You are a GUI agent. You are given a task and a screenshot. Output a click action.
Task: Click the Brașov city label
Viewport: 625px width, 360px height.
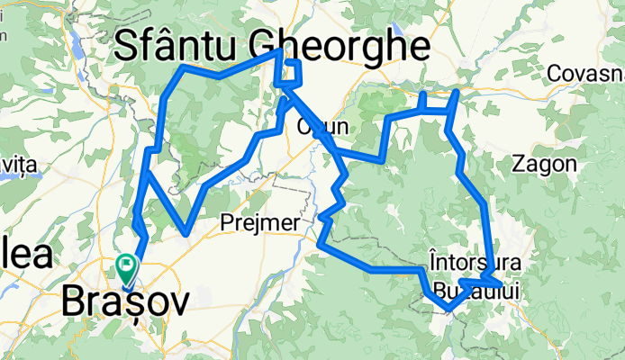coord(126,303)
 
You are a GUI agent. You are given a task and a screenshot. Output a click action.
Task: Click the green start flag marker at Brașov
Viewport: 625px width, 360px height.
coord(126,266)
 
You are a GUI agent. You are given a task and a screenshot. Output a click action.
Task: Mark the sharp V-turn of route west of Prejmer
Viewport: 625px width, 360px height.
coord(186,232)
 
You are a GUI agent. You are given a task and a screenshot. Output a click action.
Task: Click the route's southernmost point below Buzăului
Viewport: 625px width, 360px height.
coord(448,310)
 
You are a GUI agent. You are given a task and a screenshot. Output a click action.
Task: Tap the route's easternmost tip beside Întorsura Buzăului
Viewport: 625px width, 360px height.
coord(500,285)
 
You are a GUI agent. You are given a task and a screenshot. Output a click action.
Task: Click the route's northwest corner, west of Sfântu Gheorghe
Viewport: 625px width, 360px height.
coord(184,67)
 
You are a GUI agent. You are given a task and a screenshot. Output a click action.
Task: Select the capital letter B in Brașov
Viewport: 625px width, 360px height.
coord(77,303)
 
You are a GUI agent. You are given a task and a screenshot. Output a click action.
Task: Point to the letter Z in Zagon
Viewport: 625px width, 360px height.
coord(518,164)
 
